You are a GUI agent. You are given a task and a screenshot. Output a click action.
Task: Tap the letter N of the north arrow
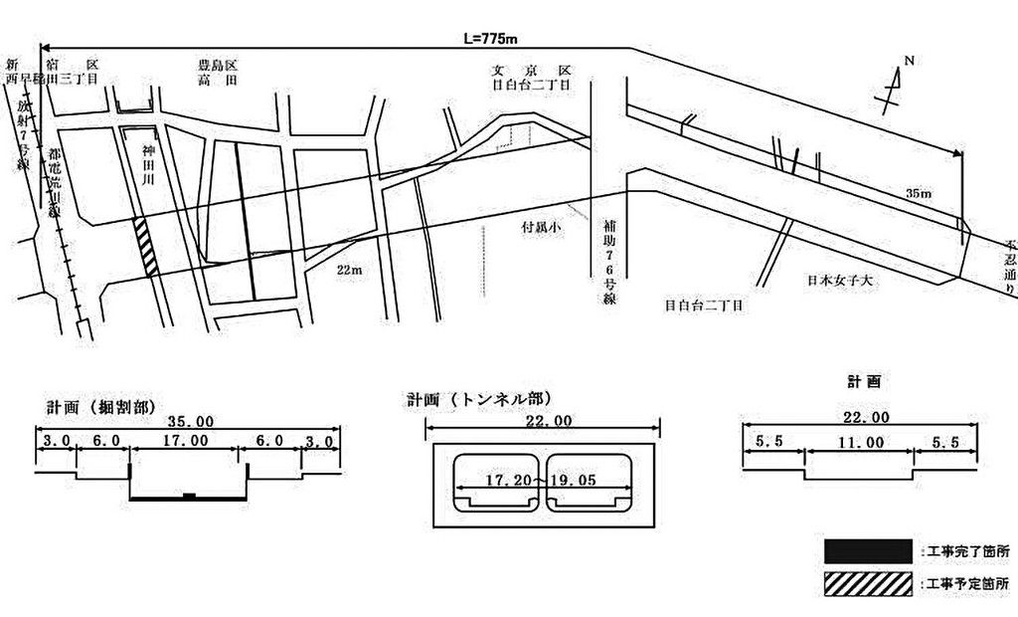pos(909,61)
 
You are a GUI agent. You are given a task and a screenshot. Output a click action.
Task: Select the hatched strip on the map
pos(147,246)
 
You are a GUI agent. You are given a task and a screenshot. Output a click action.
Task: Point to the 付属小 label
pos(544,227)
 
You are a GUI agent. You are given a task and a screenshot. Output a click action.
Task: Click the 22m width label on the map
pos(348,269)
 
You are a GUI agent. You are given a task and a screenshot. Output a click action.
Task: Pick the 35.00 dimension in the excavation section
pos(188,422)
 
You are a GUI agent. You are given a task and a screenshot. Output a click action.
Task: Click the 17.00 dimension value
pos(186,440)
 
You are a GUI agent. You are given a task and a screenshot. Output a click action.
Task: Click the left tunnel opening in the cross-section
pos(494,486)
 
